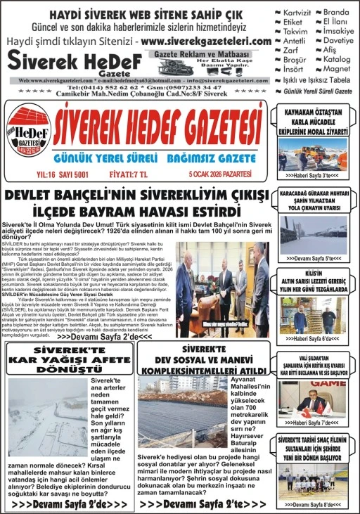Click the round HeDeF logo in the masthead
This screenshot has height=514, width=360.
(x=29, y=134)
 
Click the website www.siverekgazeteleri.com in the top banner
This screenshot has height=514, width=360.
(x=206, y=41)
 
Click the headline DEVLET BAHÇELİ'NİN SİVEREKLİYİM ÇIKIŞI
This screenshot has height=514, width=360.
(x=137, y=195)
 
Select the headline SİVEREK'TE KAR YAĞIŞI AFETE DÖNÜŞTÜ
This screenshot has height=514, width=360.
(x=69, y=359)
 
